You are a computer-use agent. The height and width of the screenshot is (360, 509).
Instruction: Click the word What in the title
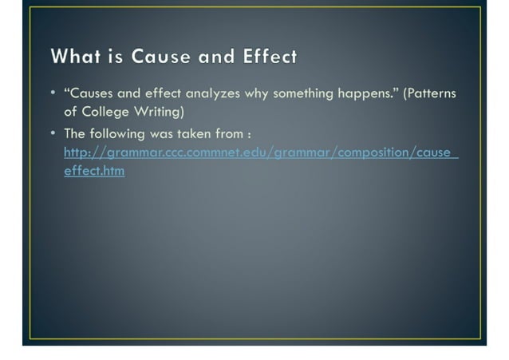tap(74, 57)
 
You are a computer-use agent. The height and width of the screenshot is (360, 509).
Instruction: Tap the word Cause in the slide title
tap(161, 57)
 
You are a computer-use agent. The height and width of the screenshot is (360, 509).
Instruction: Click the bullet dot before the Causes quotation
tap(53, 93)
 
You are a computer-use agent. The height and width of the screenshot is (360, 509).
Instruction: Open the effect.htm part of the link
tap(94, 171)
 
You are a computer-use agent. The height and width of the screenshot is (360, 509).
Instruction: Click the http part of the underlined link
tap(77, 152)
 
